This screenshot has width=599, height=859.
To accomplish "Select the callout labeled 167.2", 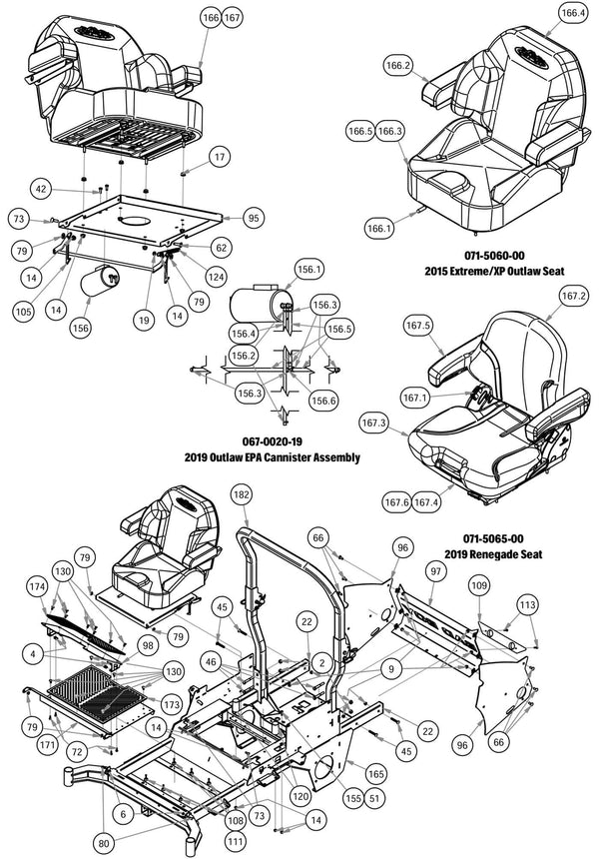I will [573, 296].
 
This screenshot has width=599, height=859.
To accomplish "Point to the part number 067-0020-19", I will [272, 440].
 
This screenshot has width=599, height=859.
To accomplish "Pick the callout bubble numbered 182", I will [241, 494].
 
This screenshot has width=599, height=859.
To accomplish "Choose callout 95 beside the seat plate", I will [254, 218].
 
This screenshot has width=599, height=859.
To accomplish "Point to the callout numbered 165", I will [375, 773].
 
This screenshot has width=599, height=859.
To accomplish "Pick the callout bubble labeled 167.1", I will [414, 398].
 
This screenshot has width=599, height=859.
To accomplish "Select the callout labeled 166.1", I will [378, 228].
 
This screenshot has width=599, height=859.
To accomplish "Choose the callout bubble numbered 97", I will [435, 569].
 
